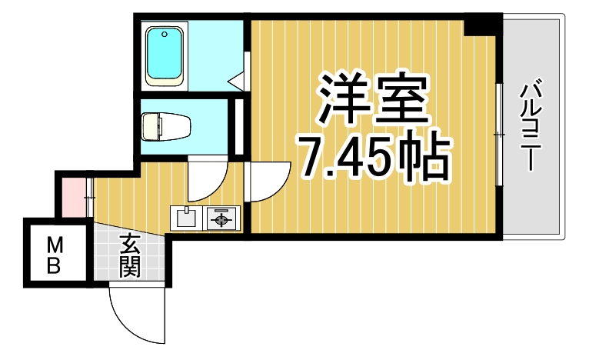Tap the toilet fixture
pos(165,126)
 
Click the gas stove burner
pos(223,219)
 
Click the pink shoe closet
pos(73,197)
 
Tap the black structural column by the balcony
pos(482,25)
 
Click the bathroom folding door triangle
pos(238,77)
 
